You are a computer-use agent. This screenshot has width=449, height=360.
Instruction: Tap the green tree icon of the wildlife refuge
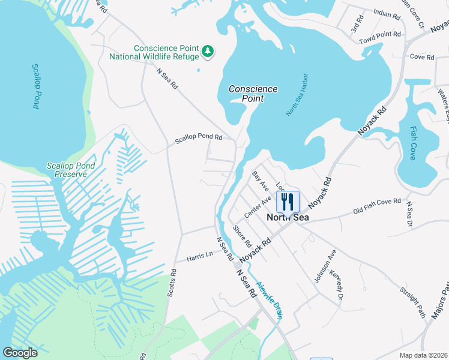pyautogui.click(x=208, y=52)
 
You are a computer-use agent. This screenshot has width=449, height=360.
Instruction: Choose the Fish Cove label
pyautogui.click(x=413, y=139)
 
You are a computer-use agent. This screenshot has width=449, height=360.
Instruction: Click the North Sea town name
pyautogui.click(x=288, y=217)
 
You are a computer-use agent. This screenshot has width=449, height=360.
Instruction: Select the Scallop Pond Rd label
pyautogui.click(x=199, y=138)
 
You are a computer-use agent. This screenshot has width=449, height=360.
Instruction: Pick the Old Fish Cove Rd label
pyautogui.click(x=376, y=206)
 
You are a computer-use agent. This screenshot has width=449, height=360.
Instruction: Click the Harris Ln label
pyautogui.click(x=200, y=255)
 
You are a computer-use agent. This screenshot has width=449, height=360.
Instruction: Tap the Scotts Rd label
pyautogui.click(x=173, y=280)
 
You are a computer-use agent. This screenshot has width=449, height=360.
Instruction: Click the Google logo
pyautogui.click(x=20, y=353)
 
